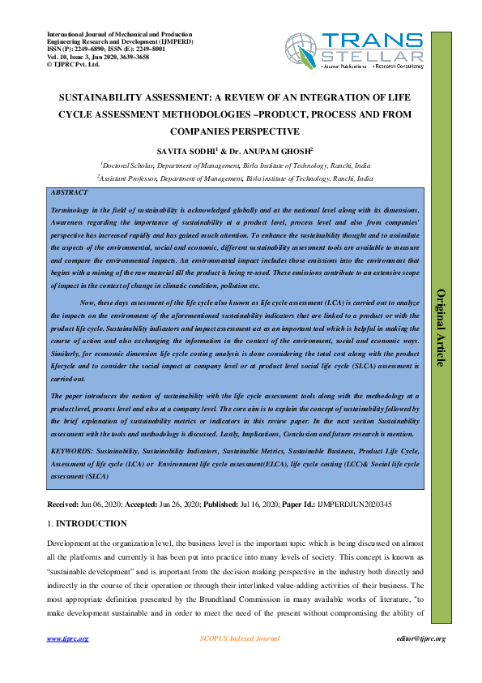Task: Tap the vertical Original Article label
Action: pos(441,327)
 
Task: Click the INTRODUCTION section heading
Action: pos(91,524)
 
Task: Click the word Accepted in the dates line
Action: pos(147,505)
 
